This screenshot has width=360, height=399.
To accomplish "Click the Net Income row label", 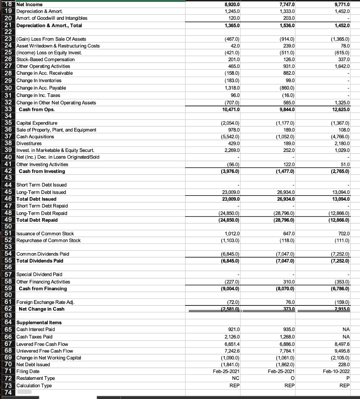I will tap(29, 4).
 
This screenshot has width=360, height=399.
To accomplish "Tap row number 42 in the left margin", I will tap(8, 171).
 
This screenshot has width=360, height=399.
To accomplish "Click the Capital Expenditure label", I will tap(37, 123).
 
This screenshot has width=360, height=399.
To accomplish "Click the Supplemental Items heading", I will tap(39, 323).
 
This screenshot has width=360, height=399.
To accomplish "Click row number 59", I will tap(8, 288).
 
